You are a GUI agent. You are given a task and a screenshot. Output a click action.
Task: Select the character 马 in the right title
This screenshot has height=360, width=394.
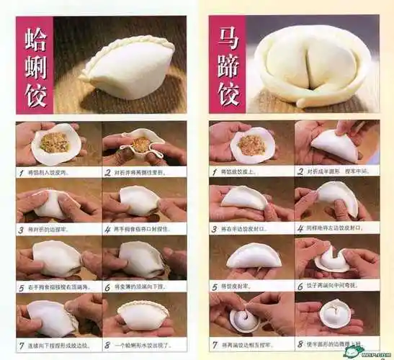tap(228, 35)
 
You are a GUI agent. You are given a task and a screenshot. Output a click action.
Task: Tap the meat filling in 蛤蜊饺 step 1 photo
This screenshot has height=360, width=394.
tap(54, 142)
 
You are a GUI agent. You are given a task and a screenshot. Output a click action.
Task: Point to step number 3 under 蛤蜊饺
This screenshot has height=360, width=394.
tap(21, 229)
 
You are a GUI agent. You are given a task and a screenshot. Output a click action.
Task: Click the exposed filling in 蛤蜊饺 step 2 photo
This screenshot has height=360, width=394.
tap(142, 144)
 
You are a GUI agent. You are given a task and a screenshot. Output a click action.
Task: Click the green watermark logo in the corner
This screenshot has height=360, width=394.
tap(355, 351)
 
